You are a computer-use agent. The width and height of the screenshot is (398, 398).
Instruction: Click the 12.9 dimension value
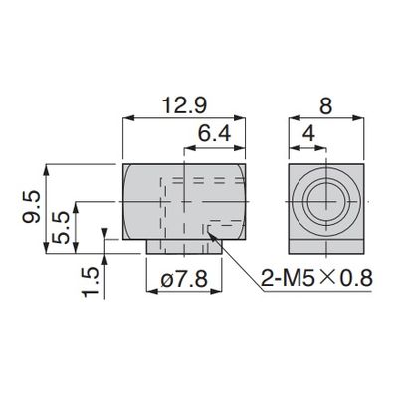click(184, 106)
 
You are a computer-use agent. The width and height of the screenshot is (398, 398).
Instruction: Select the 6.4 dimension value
click(214, 134)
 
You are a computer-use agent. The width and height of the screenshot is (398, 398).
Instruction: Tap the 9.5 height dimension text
click(32, 207)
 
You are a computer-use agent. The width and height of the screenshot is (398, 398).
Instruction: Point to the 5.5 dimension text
click(61, 228)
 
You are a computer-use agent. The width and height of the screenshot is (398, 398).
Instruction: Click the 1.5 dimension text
click(91, 282)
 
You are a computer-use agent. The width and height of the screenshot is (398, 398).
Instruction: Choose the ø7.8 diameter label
click(184, 281)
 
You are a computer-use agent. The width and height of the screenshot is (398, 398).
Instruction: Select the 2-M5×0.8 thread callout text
click(316, 278)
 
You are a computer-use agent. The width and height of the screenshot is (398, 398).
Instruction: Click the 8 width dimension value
click(325, 106)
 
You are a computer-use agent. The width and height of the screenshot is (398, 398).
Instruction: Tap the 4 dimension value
click(308, 134)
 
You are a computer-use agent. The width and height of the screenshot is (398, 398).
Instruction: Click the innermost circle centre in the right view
click(326, 201)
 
